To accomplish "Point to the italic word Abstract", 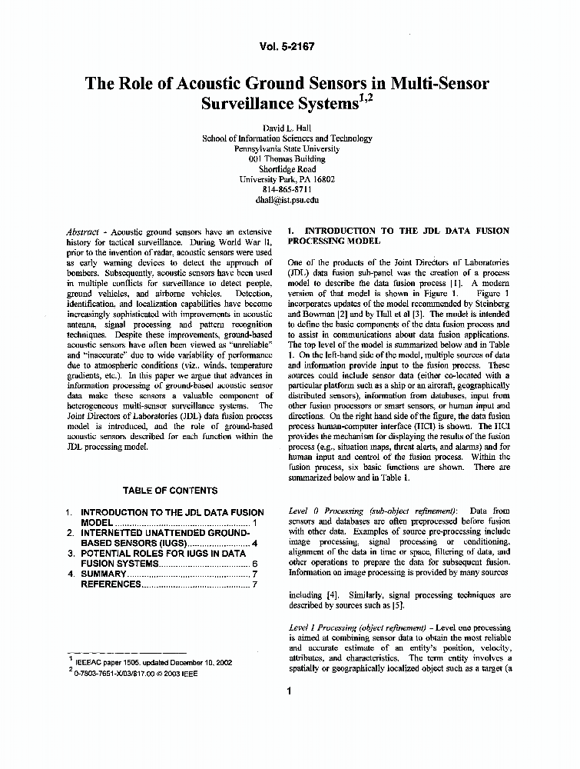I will coord(83,231).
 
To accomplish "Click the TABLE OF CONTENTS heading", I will coord(170,491).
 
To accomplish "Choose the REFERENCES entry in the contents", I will coord(111,584).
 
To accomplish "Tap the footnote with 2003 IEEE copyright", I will coord(146,671).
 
